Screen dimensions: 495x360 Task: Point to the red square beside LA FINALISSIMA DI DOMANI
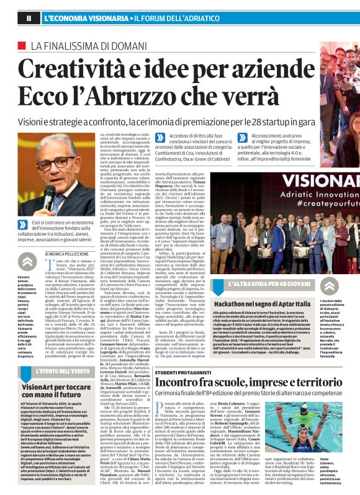pos(22,45)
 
